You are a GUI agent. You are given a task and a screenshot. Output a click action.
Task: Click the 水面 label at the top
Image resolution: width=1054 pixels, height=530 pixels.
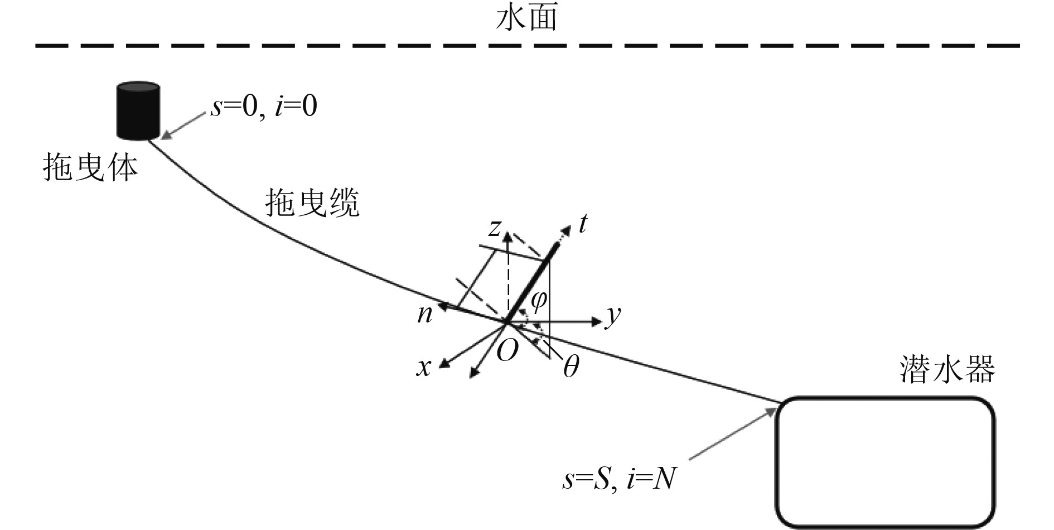tap(526, 18)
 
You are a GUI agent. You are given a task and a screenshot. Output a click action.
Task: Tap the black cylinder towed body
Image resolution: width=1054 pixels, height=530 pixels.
tap(138, 110)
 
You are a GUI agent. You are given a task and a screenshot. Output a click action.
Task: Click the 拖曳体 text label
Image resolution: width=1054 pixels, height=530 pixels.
tap(90, 167)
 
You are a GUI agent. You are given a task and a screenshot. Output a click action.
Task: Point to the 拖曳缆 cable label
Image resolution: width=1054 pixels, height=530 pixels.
tap(312, 202)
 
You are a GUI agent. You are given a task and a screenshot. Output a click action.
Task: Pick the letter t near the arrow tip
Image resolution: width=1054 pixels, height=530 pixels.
tap(582, 224)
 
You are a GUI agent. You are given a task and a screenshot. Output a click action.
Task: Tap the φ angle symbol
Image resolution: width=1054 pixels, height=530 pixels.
tap(539, 301)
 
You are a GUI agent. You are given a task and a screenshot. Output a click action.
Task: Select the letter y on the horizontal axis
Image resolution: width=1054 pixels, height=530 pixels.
tap(613, 316)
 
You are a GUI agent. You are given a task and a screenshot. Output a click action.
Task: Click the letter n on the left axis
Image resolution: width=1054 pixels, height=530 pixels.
tap(425, 314)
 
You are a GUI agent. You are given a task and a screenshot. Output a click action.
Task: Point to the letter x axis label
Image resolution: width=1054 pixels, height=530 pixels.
tap(424, 367)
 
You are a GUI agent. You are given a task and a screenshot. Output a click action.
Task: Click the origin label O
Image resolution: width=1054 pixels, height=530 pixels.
tap(507, 350)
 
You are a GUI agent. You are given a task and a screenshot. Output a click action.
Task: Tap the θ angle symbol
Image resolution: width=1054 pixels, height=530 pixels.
tap(570, 367)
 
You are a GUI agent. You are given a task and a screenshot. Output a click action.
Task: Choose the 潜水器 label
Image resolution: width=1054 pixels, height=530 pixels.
tap(947, 369)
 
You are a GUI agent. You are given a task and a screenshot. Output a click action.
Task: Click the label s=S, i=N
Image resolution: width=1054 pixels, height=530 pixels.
tap(619, 479)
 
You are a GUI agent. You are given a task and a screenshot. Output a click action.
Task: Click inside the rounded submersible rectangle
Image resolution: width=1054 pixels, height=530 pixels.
tap(885, 461)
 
